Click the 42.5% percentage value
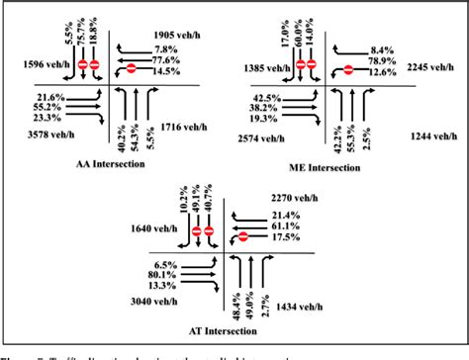[x=266, y=97]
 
